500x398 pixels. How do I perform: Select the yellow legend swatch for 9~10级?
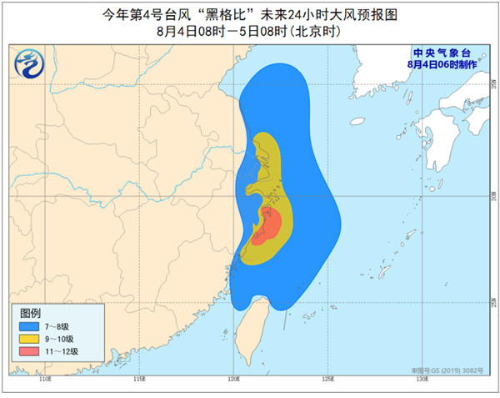32,339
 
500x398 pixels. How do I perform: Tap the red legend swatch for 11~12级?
32,351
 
